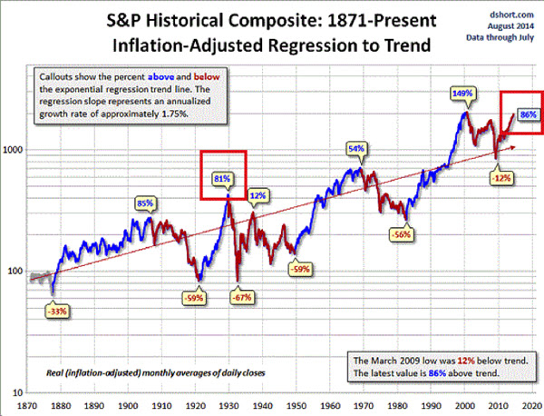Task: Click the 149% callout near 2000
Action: click(x=462, y=94)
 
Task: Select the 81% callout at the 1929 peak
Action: click(x=220, y=178)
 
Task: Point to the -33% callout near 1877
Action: click(x=56, y=311)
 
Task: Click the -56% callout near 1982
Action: click(x=403, y=233)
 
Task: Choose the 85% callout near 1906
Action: click(x=144, y=203)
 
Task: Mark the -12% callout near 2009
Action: click(x=500, y=178)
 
